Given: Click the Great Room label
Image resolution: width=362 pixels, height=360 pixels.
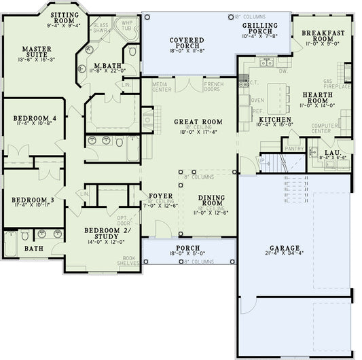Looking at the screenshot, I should (198, 122).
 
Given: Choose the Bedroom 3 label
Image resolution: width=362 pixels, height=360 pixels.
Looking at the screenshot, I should (33, 201).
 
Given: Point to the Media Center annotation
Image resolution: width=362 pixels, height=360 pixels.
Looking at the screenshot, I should (161, 86).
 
